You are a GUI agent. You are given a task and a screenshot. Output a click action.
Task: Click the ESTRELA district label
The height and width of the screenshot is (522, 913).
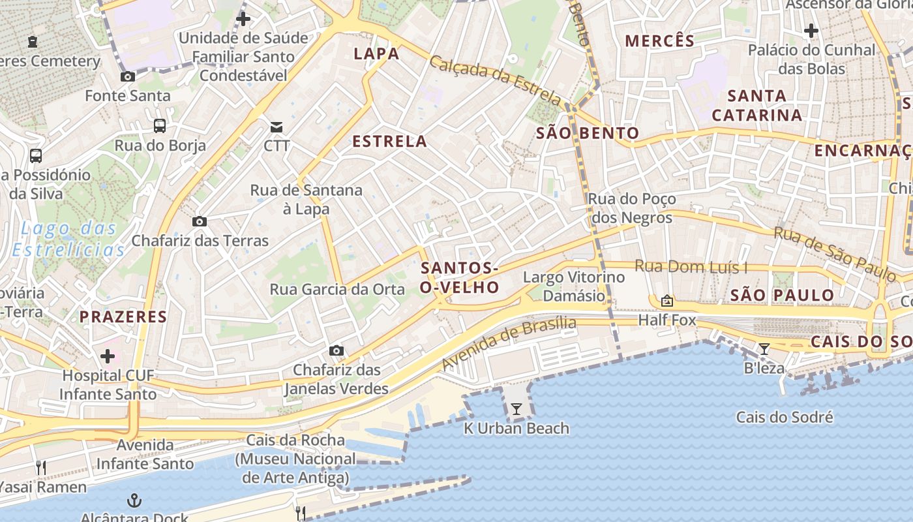389,141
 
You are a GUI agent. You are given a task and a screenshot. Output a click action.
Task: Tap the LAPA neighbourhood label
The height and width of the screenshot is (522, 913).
376,54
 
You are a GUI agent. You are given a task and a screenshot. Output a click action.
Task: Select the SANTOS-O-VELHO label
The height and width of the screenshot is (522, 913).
460,277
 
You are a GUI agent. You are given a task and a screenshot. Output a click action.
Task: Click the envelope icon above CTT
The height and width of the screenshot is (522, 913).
277,126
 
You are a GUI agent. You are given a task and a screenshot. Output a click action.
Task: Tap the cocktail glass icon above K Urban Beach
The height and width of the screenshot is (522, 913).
516,409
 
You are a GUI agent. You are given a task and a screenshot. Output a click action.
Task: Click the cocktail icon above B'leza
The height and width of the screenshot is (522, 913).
764,349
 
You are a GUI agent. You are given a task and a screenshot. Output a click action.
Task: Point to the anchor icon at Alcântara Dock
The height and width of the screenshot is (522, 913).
134,501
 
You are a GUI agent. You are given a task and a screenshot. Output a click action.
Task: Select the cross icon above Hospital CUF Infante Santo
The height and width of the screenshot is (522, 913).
108,356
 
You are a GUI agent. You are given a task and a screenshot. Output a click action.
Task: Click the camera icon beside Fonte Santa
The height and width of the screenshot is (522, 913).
128,76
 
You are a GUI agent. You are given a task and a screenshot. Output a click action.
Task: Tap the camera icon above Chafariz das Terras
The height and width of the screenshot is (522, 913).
200,221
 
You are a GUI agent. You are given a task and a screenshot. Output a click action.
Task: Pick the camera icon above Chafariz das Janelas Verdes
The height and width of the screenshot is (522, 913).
337,351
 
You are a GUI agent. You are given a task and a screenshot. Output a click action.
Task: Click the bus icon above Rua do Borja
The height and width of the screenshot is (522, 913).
160,126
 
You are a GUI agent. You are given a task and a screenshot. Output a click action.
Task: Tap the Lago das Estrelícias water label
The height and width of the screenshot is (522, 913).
68,239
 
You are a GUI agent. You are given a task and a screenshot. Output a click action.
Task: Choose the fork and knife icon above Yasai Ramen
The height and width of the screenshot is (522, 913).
40,467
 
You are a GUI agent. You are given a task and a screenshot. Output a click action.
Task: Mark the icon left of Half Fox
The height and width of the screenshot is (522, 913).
666,301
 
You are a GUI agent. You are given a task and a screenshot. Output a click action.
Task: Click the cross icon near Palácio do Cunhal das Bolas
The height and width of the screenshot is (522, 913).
811,30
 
